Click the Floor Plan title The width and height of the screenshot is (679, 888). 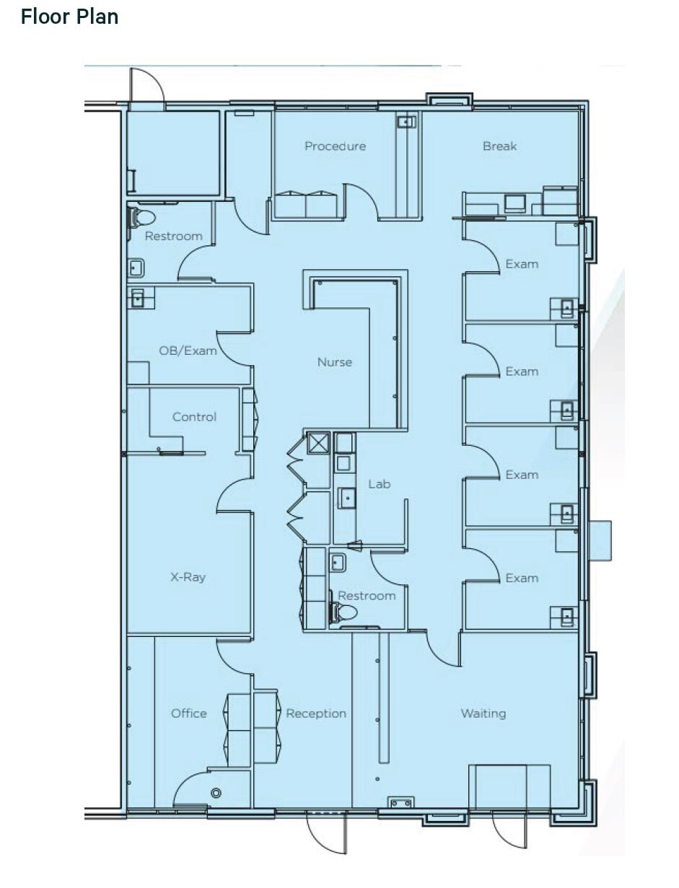(x=69, y=17)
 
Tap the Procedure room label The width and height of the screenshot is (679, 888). (x=335, y=146)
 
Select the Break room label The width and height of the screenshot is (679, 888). (x=499, y=146)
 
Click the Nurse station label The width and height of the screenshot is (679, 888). (x=335, y=362)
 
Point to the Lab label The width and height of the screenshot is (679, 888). (x=379, y=484)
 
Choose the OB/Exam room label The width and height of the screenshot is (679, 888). (x=188, y=351)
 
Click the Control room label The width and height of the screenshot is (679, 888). (x=194, y=417)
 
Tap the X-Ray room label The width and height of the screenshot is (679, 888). (x=188, y=577)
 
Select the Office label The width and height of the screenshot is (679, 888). (x=188, y=713)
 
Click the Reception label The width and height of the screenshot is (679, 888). (x=316, y=713)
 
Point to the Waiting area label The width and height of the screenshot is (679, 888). (x=483, y=713)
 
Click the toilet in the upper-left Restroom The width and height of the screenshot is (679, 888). (x=141, y=217)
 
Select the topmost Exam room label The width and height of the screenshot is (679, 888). (x=521, y=264)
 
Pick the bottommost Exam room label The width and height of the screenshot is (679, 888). (x=521, y=578)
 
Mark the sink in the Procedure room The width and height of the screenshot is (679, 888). (x=406, y=122)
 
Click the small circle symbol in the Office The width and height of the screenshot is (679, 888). (x=215, y=794)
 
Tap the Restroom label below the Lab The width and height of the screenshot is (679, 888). (x=367, y=596)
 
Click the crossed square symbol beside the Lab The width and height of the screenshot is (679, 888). (x=318, y=443)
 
